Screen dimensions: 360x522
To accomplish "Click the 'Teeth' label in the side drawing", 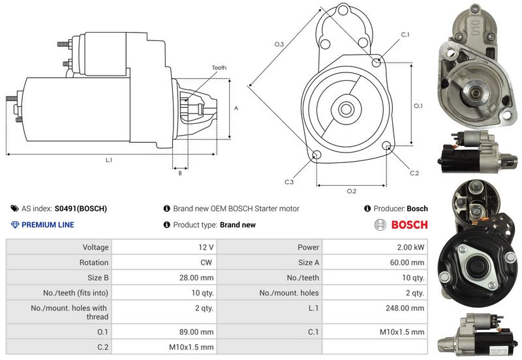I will pyautogui.click(x=219, y=68).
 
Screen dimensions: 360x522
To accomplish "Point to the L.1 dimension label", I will pyautogui.click(x=109, y=160).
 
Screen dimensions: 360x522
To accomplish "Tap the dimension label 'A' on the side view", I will pyautogui.click(x=236, y=108).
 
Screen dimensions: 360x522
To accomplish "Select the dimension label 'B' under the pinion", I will pyautogui.click(x=179, y=173).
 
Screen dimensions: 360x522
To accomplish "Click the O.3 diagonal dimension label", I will pyautogui.click(x=279, y=44).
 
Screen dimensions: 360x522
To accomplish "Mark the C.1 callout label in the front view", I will pyautogui.click(x=405, y=34).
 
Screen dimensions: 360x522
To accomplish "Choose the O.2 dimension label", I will pyautogui.click(x=352, y=190).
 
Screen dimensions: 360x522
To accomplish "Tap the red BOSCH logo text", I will pyautogui.click(x=408, y=225).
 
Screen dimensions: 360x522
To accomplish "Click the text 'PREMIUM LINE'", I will pyautogui.click(x=48, y=225).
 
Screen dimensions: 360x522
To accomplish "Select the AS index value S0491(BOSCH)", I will pyautogui.click(x=80, y=209).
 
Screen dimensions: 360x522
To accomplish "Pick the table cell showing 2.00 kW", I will pyautogui.click(x=411, y=248).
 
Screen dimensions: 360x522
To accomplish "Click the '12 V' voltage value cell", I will pyautogui.click(x=206, y=248).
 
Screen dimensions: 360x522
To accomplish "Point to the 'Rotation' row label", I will pyautogui.click(x=95, y=263).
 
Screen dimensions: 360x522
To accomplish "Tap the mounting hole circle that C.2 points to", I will pyautogui.click(x=388, y=145).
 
